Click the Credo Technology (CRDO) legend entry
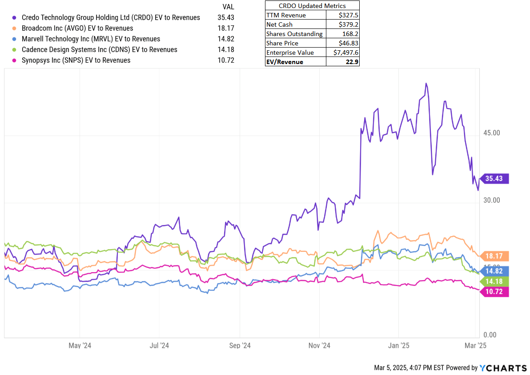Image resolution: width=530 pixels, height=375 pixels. tap(111, 17)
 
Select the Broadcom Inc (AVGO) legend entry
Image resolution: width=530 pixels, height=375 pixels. tap(77, 28)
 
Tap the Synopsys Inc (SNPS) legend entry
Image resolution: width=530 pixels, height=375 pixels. tap(76, 60)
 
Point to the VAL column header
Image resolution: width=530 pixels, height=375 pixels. tap(228, 7)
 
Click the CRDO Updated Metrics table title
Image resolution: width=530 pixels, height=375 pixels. tap(312, 6)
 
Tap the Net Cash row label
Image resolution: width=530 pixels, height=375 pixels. tap(279, 24)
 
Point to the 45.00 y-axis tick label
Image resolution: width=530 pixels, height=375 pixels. tap(492, 133)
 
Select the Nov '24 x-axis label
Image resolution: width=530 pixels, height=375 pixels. tap(319, 345)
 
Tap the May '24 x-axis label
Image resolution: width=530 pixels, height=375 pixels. tap(80, 345)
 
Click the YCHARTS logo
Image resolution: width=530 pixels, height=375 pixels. tap(503, 368)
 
